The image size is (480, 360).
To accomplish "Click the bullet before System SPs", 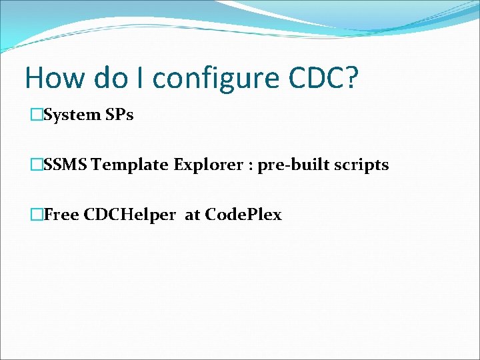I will pos(37,115).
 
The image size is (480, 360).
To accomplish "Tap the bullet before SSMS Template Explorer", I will pos(37,165).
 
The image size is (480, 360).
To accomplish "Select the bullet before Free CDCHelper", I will pos(37,215).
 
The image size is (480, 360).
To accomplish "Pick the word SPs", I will pos(119,115).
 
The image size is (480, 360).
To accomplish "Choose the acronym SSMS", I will pos(65,165).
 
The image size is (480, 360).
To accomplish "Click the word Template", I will pos(130,165).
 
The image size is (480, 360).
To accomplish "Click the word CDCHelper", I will pos(128,215).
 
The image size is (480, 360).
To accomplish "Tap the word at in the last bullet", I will pos(192,215).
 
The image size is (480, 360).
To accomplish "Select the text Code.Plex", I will pos(243,215).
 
